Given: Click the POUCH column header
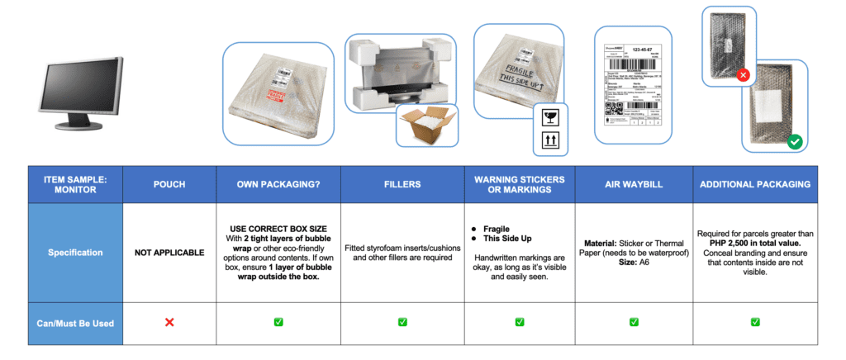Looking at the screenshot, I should [x=169, y=184].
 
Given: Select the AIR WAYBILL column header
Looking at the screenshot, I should [x=632, y=184].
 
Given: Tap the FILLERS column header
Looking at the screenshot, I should [x=402, y=184].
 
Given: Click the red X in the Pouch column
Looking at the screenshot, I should [x=169, y=321].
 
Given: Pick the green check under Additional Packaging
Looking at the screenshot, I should [x=755, y=321].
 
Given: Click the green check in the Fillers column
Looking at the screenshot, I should [x=402, y=321].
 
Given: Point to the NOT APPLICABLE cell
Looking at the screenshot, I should [x=169, y=252].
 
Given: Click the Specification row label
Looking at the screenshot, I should [x=75, y=252].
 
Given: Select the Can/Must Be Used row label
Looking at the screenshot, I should [x=75, y=321].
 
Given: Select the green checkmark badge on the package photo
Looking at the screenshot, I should [x=794, y=142].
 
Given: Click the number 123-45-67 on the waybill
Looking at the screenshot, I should [x=644, y=50].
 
